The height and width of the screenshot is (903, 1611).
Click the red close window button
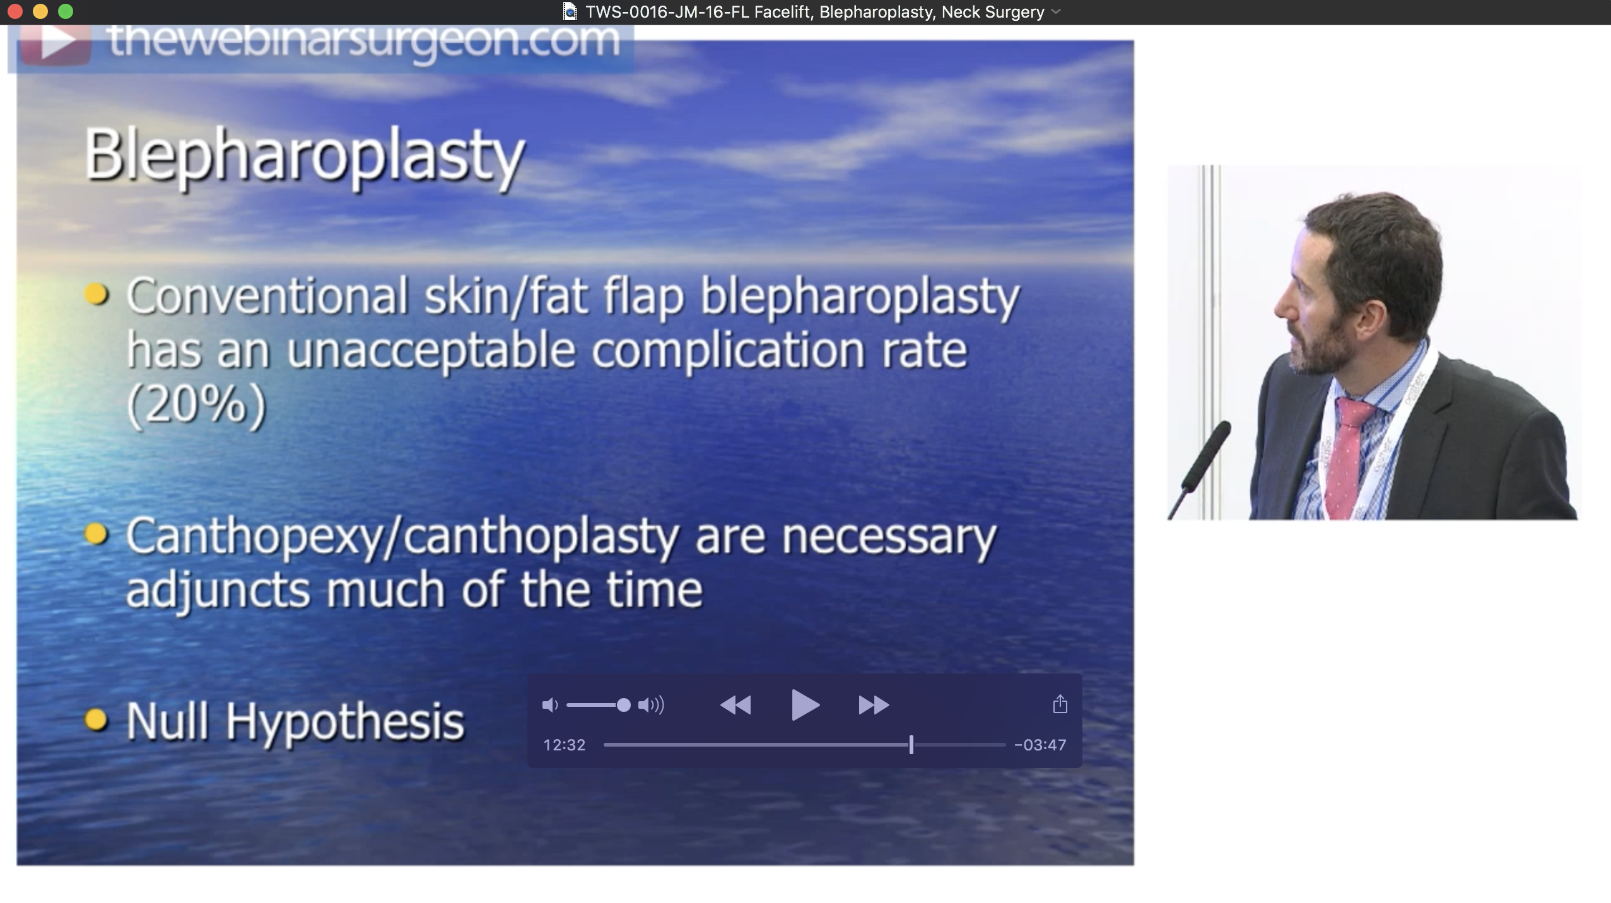point(15,11)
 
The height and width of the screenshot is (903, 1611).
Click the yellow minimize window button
point(40,11)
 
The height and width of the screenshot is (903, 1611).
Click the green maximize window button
point(66,11)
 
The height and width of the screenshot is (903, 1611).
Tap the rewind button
point(735,704)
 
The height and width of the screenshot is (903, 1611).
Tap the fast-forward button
point(874,704)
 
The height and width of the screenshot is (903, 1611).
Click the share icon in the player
point(1060,704)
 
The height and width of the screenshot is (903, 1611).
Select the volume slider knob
point(623,705)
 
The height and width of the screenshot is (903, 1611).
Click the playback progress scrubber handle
point(911,745)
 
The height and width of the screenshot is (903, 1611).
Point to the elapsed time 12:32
point(564,745)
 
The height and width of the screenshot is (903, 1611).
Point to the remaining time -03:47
point(1040,745)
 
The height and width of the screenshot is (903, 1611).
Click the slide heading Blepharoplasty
point(305,155)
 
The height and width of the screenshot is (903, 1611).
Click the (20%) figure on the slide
point(196,405)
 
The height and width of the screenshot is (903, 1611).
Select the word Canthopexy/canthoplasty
point(402,537)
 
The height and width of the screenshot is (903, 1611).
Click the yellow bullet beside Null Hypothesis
point(96,719)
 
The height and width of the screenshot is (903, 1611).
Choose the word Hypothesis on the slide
point(345,721)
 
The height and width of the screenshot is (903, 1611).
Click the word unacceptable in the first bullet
point(431,351)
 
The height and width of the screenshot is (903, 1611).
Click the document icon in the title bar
point(570,11)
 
